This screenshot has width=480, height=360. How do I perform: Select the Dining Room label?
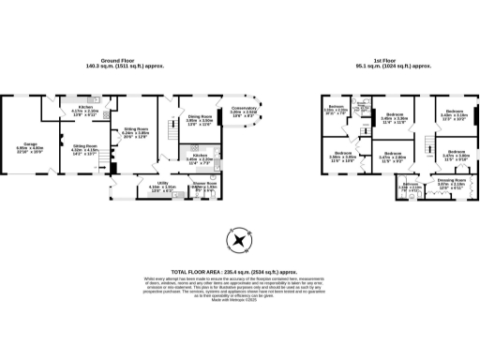(x=199, y=119)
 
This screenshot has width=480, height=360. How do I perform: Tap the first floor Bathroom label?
(x=411, y=186)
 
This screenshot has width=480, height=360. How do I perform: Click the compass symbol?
(x=240, y=240)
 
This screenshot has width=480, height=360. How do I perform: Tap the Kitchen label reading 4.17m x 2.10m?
(x=85, y=112)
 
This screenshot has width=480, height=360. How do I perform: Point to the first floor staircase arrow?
(x=428, y=146)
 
